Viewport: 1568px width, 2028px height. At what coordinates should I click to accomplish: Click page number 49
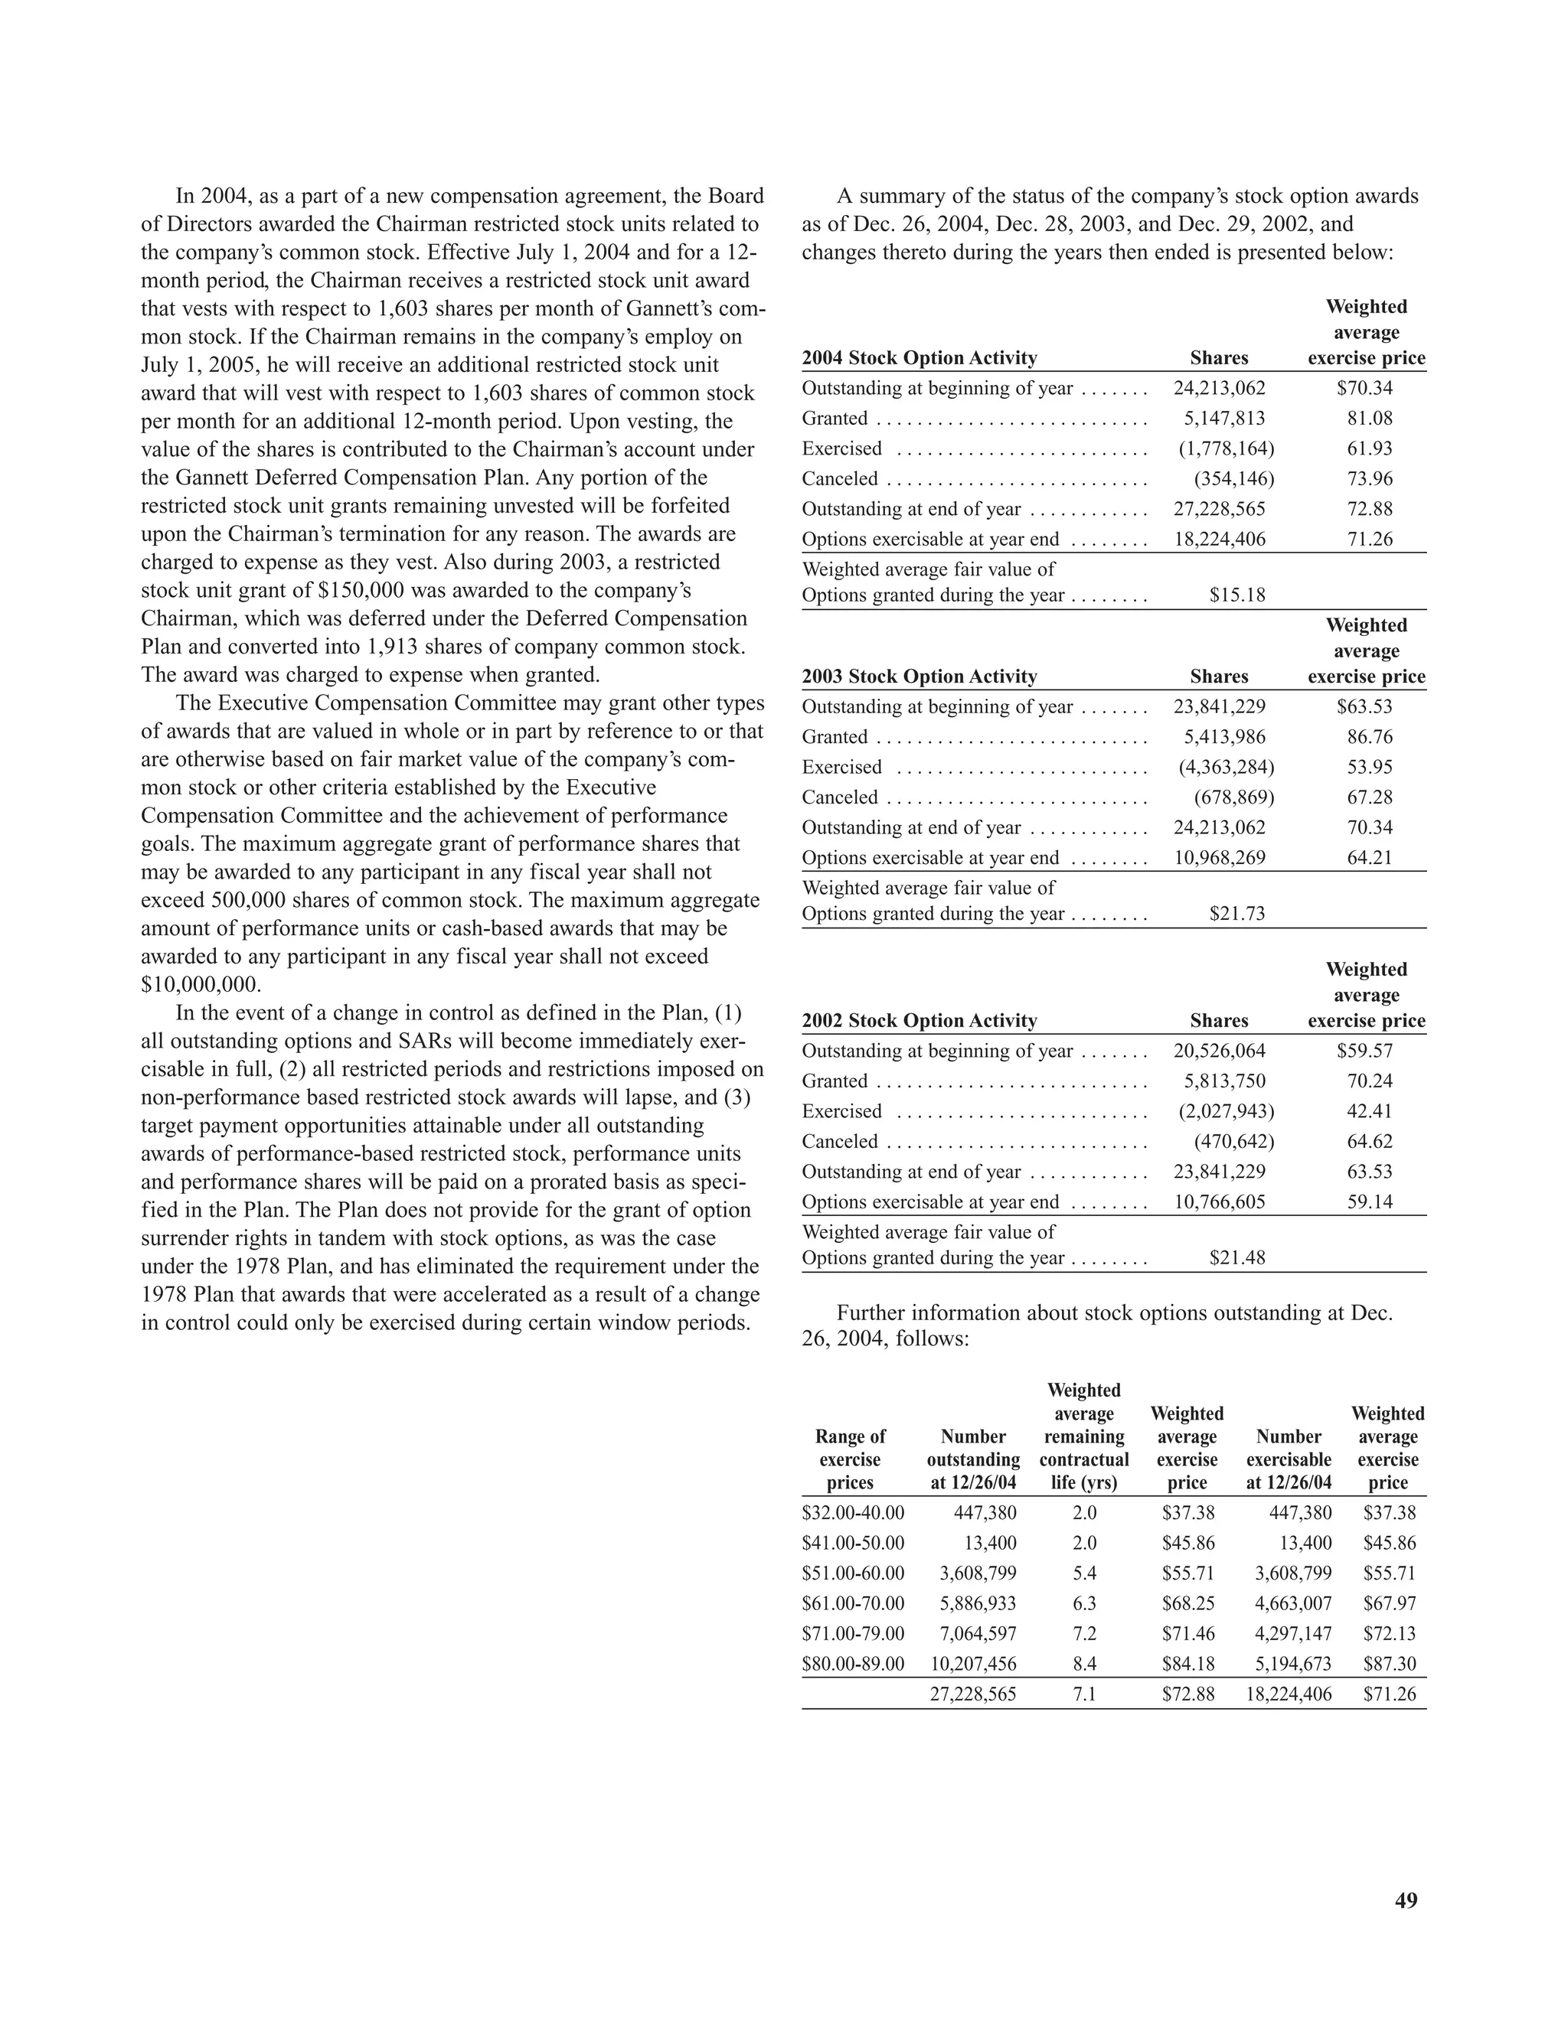pos(1406,1900)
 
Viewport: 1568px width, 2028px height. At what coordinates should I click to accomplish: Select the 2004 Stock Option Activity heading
pos(919,358)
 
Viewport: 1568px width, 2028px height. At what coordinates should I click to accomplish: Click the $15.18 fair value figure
pos(1236,595)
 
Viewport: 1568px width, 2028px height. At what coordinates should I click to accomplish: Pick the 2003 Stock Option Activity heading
pos(919,677)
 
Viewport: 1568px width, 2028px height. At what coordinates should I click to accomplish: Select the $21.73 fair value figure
pos(1236,914)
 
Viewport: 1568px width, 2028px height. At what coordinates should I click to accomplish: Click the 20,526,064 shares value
pos(1219,1051)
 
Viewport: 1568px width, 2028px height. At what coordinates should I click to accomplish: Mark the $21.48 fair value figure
pos(1236,1258)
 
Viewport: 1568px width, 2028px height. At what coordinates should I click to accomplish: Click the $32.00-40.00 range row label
pos(853,1513)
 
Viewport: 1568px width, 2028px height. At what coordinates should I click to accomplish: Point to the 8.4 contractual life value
pos(1084,1664)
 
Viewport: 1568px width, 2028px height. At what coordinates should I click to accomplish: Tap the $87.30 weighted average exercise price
pos(1389,1664)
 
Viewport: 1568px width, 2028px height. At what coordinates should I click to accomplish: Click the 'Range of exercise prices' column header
pos(849,1459)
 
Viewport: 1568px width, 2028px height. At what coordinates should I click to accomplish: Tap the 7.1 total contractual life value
pos(1084,1694)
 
